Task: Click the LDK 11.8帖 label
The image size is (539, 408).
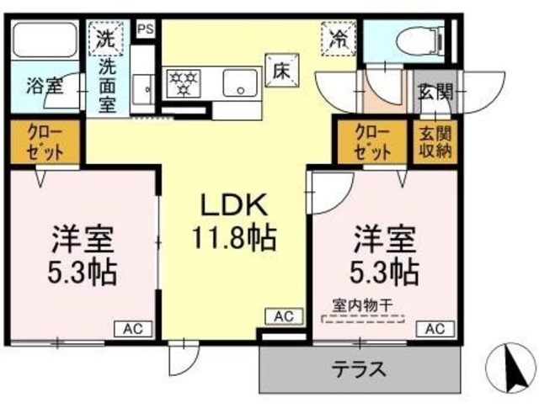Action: [234, 220]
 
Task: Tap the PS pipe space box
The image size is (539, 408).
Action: [146, 29]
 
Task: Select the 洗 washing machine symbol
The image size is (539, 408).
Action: [106, 37]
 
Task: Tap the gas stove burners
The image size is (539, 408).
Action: [183, 81]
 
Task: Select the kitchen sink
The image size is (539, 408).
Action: [240, 82]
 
